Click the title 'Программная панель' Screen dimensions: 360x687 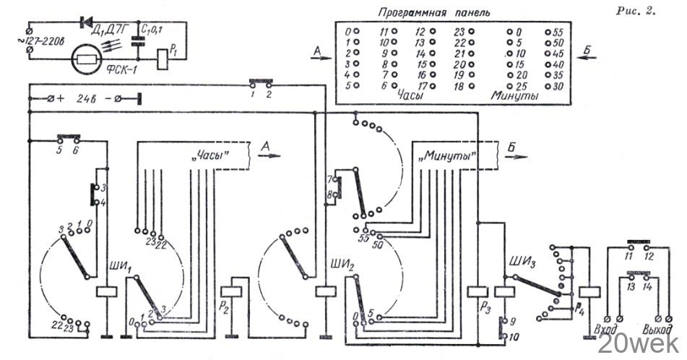coord(433,14)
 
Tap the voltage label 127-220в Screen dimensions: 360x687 coord(50,43)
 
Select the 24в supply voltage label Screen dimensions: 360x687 coord(88,97)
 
